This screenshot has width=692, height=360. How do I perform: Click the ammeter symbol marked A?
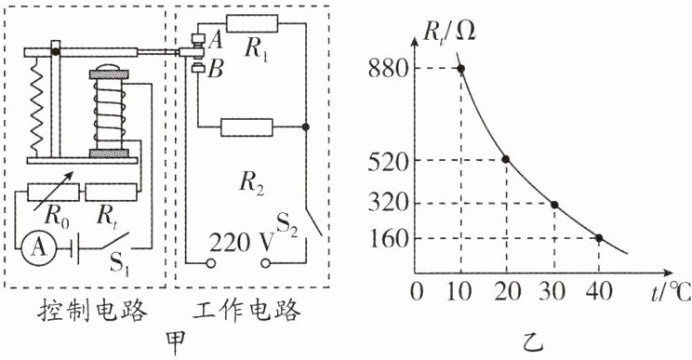(39, 248)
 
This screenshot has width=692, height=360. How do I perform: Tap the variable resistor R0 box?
(53, 193)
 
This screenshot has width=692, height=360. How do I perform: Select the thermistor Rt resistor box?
(111, 193)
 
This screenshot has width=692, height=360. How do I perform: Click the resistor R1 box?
(252, 23)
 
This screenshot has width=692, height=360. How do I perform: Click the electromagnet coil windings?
(109, 113)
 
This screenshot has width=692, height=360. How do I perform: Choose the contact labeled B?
(199, 69)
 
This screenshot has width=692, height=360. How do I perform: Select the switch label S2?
(286, 224)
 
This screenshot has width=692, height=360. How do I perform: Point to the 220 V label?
(242, 243)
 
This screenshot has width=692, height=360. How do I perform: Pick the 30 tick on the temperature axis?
(552, 291)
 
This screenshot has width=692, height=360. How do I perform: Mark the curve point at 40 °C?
(599, 238)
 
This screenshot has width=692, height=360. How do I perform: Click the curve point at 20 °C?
(506, 159)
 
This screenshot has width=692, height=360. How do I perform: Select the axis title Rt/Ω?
(449, 33)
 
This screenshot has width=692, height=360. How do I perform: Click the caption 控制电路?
(92, 311)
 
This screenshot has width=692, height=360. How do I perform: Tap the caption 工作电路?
(246, 311)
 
